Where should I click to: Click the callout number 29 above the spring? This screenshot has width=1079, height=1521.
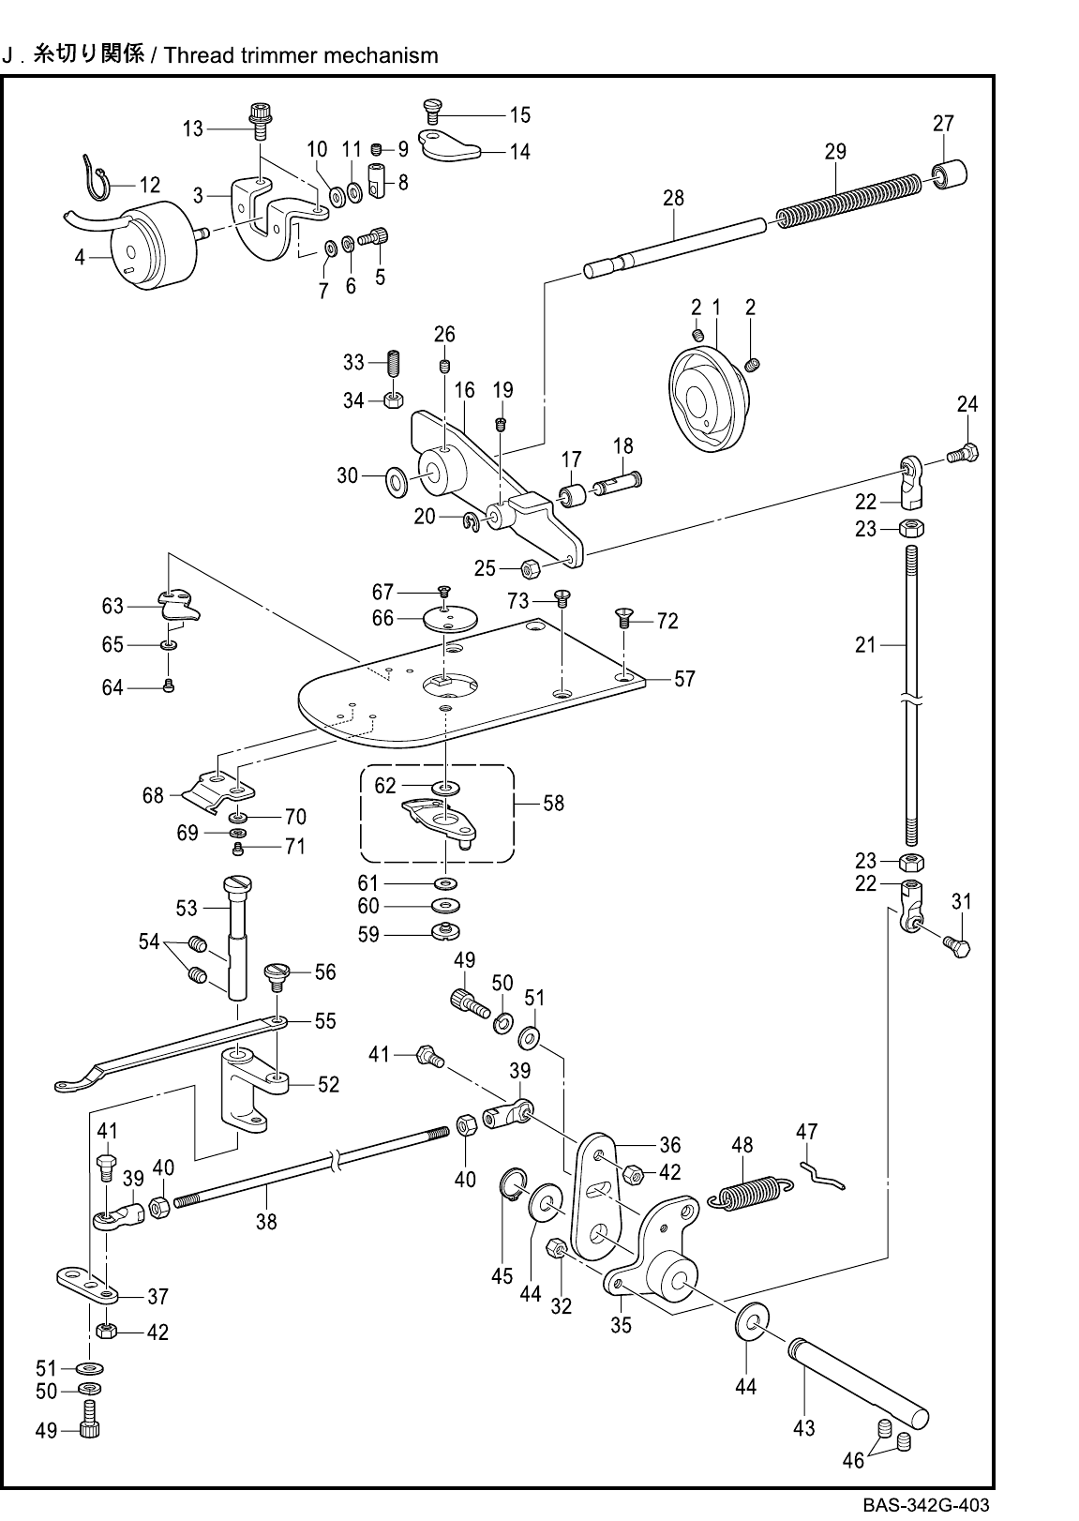(835, 151)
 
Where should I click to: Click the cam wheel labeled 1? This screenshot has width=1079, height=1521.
(709, 399)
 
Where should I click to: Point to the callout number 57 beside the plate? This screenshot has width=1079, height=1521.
(684, 678)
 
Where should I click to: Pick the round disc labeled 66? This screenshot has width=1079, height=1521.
(451, 618)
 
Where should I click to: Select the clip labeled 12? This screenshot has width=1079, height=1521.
(96, 178)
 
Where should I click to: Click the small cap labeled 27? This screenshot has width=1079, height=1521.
(950, 173)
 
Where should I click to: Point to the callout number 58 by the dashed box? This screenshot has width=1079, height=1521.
(554, 804)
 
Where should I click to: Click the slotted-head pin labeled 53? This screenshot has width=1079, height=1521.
(237, 938)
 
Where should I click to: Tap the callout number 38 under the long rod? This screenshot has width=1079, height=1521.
(266, 1222)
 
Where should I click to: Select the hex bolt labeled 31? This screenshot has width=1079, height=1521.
(957, 945)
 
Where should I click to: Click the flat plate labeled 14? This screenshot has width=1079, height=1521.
(448, 145)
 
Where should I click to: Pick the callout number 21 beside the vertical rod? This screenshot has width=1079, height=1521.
(865, 644)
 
